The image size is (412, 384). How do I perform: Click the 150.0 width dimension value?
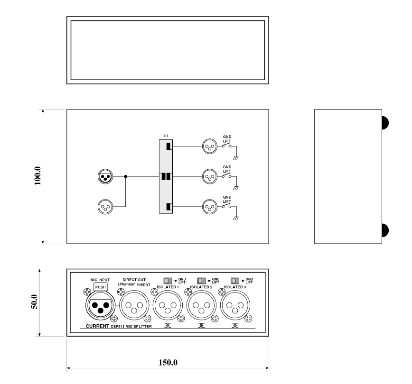pos(168,363)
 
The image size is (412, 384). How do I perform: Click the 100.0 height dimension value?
pos(37,175)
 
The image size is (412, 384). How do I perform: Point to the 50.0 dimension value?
pos(35,302)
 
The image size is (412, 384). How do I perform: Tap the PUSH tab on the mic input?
pos(100,287)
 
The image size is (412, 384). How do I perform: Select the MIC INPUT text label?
pos(100,280)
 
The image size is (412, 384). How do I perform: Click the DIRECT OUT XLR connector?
pos(134,305)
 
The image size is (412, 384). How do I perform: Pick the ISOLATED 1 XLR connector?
pos(168,305)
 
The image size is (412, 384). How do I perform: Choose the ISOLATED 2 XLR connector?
pos(201,305)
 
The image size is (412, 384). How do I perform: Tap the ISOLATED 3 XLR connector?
pos(235,305)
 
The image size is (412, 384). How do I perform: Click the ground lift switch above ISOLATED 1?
pos(168,281)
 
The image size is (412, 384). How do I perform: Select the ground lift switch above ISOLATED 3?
pos(235,281)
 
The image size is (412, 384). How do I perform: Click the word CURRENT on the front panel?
pos(97,326)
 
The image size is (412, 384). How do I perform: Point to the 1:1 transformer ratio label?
pos(166,136)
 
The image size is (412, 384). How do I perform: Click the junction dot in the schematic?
pos(126,176)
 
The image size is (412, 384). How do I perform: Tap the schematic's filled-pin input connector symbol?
pos(105,176)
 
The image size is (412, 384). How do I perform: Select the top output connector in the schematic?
pos(210,146)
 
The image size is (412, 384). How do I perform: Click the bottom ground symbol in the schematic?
pos(236,218)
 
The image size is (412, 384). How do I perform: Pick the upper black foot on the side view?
pos(385,123)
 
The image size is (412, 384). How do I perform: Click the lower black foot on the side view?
pos(385,230)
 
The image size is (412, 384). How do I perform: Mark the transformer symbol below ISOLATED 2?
pos(201,326)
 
